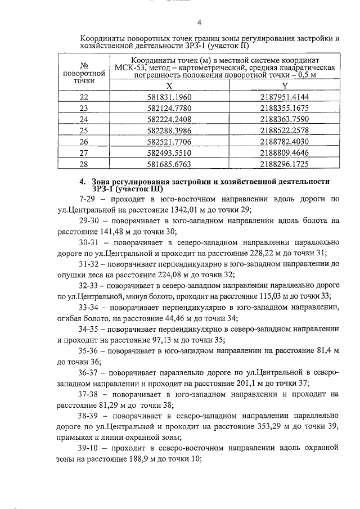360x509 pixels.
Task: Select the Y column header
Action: point(285,85)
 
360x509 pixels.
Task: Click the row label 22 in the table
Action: point(84,97)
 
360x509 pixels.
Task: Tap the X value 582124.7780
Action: point(169,108)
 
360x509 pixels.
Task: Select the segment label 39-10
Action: point(92,448)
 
